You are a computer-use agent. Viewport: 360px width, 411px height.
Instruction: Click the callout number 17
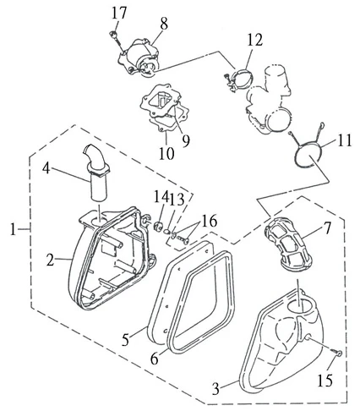click(119, 14)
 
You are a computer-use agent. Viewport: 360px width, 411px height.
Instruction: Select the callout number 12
click(255, 40)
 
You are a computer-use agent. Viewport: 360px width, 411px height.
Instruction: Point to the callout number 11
click(345, 140)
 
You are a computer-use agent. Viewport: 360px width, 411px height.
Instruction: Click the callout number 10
click(166, 153)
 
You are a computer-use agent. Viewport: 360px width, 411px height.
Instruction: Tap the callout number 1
click(13, 229)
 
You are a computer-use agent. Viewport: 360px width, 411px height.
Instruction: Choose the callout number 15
click(325, 380)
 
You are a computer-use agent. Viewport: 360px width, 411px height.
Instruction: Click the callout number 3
click(215, 389)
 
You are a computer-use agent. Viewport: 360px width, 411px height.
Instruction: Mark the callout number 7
click(327, 229)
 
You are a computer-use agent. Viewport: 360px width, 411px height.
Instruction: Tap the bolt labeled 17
click(116, 40)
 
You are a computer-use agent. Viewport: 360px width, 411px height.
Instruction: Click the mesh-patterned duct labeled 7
click(288, 246)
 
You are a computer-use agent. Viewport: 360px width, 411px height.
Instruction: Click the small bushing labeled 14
click(158, 226)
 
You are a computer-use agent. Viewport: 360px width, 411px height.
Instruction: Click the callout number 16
click(209, 221)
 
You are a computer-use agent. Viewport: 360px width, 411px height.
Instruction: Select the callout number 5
click(125, 339)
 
